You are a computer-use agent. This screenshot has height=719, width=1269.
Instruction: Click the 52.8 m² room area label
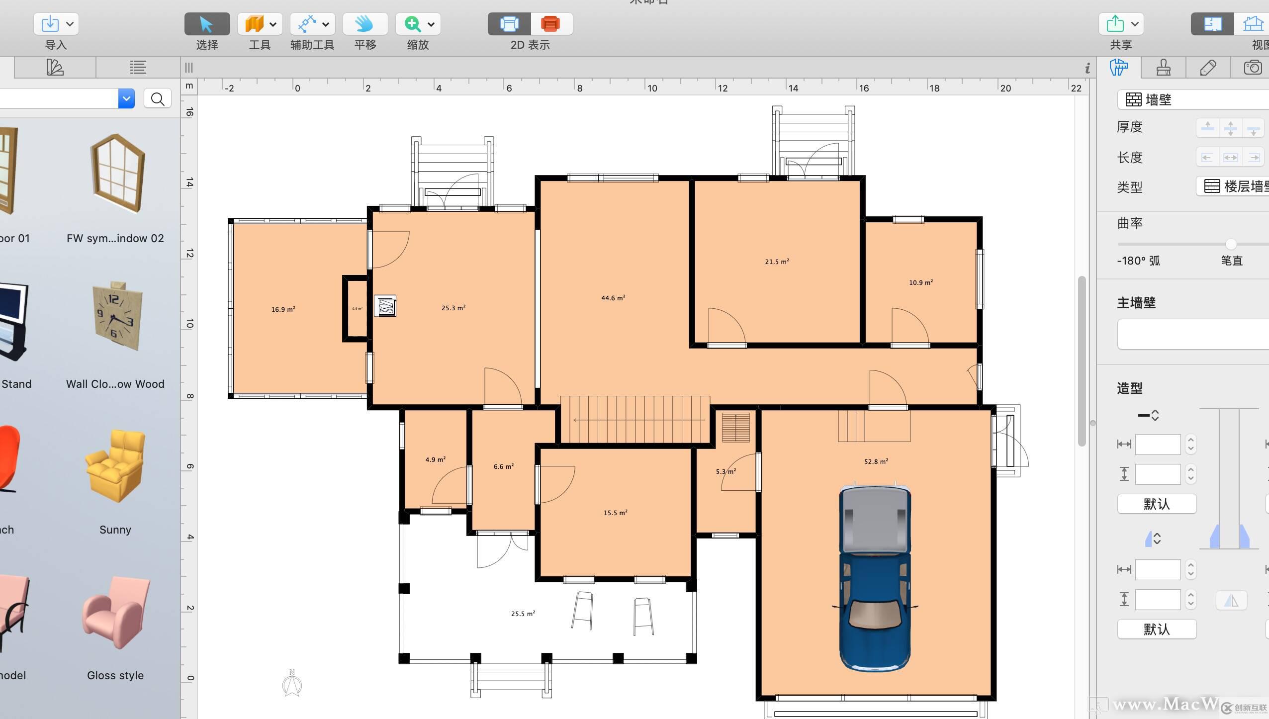pos(876,461)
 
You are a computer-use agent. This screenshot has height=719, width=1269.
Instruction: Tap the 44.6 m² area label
pos(613,298)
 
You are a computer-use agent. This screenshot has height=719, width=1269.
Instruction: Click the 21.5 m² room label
pos(777,262)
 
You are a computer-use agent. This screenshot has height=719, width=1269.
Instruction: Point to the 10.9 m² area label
pos(920,282)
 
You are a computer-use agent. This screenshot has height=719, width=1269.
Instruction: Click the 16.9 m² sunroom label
pos(283,309)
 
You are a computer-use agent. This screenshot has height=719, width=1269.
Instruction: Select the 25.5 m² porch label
pos(523,614)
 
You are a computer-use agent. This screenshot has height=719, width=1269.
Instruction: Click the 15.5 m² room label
pos(615,513)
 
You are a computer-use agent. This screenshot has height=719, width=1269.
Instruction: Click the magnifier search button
pos(158,99)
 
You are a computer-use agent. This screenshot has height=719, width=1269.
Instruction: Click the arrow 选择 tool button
pos(207,24)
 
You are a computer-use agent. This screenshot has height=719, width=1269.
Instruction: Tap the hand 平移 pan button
pos(365,24)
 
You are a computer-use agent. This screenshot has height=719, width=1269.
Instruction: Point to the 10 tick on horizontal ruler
pos(652,88)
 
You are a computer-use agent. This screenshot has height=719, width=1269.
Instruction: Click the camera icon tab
pos(1252,67)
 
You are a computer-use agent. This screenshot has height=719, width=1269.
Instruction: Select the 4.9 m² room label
pos(435,459)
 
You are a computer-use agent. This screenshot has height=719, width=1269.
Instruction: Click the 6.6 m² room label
pos(503,466)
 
